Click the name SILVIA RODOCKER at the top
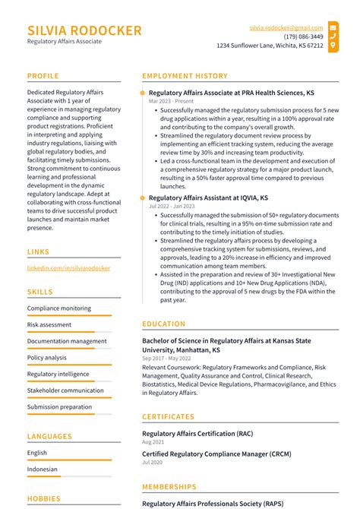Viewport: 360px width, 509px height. point(84,30)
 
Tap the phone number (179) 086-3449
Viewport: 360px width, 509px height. point(303,36)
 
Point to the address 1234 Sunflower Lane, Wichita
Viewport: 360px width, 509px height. point(270,46)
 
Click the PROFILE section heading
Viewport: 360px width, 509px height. point(43,76)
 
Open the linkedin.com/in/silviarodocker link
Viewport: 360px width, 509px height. point(68,268)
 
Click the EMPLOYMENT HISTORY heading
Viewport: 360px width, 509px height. point(185,76)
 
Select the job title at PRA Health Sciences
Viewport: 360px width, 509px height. point(231,92)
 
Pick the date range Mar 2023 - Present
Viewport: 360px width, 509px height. point(172,101)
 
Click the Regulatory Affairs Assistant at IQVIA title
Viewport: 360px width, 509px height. point(208,198)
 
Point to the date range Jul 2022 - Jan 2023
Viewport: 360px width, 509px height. point(172,206)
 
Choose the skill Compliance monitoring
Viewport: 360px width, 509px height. point(59,308)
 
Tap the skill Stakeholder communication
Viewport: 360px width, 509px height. point(65,390)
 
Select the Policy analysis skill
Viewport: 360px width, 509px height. point(47,358)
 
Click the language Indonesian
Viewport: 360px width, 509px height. point(42,469)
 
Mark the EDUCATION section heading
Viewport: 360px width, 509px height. point(163,324)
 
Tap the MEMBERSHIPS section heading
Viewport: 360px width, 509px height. point(169,487)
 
